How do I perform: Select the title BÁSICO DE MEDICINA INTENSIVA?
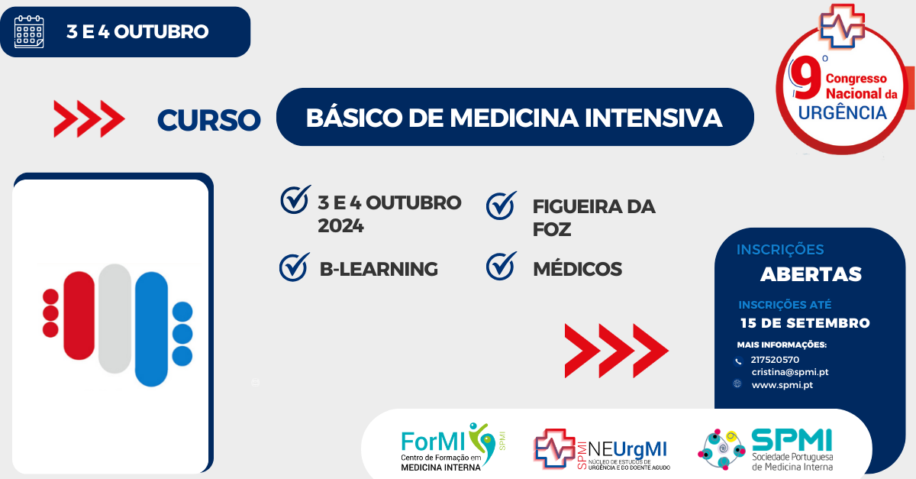tap(514, 118)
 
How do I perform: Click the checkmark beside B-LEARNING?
tap(294, 267)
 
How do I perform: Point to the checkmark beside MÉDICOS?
tap(502, 267)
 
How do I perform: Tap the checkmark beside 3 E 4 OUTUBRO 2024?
tap(295, 199)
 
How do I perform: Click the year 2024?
tap(340, 226)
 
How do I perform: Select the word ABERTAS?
tap(811, 274)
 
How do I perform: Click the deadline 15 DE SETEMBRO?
tap(805, 323)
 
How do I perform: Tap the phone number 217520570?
tap(775, 359)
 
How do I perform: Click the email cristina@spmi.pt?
tap(789, 372)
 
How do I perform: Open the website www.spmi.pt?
tap(782, 385)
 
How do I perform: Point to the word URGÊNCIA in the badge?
tap(842, 112)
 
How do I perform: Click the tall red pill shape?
tap(79, 315)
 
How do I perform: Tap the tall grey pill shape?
tap(115, 319)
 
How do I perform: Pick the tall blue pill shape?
tap(151, 329)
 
